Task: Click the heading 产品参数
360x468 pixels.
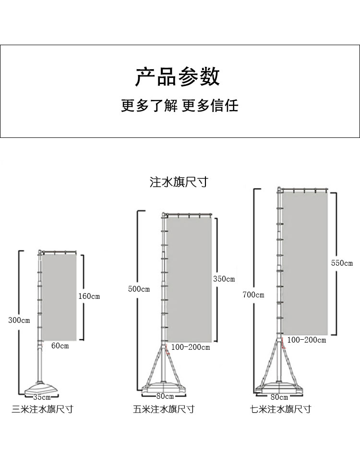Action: coord(177,77)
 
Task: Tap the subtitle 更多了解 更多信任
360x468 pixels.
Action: coord(180,105)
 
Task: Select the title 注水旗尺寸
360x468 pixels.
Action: coord(179,183)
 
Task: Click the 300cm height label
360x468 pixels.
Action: coord(19,320)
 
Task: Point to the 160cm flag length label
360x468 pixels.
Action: coord(89,296)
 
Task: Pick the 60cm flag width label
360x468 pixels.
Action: coord(60,346)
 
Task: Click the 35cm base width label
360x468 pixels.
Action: coord(42,397)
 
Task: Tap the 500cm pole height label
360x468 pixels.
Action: coord(139,289)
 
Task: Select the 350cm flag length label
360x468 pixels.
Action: coord(224,279)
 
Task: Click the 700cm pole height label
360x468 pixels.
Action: coord(253,295)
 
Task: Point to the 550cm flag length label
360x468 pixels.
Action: coord(342,263)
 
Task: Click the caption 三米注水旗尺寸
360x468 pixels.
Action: coord(43,409)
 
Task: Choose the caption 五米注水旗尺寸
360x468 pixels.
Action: coord(164,409)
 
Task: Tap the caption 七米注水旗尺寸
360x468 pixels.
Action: coord(280,409)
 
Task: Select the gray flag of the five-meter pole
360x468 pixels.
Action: coord(189,279)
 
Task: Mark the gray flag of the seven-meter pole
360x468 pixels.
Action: coord(304,263)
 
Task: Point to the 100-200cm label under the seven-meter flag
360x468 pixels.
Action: coord(307,340)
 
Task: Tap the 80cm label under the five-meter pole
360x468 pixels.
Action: coord(165,396)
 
